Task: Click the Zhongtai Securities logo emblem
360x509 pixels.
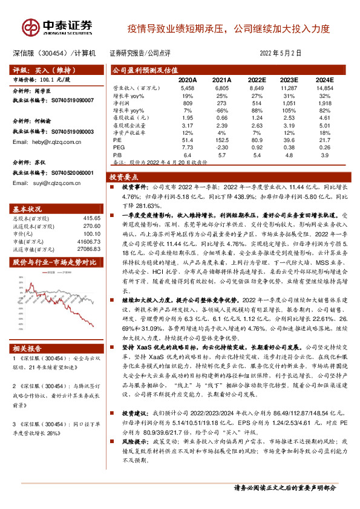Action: (x=31, y=27)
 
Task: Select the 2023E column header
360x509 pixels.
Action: (x=290, y=80)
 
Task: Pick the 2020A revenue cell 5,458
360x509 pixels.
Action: (x=188, y=88)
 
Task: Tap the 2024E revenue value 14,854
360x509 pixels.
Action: (x=324, y=88)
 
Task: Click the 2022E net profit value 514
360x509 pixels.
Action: (x=256, y=103)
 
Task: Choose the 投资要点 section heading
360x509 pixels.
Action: (x=125, y=177)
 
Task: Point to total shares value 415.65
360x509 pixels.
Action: (x=91, y=217)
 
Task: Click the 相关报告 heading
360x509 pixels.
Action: (x=28, y=349)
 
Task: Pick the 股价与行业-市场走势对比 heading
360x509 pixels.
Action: (x=54, y=262)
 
